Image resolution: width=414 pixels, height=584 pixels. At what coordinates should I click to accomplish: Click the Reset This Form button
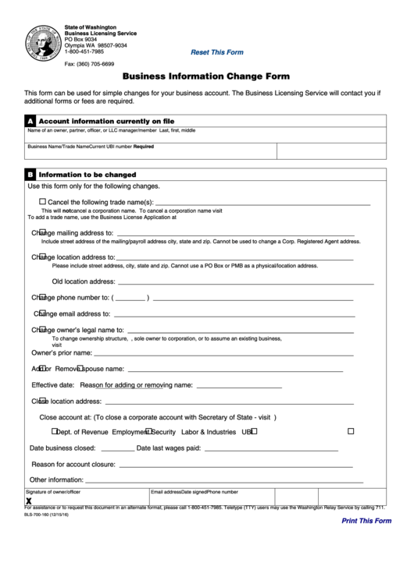click(x=217, y=52)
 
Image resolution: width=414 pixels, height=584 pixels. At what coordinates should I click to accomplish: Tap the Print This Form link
click(x=366, y=521)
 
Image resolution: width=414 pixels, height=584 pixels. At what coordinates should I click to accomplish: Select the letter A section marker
click(x=30, y=122)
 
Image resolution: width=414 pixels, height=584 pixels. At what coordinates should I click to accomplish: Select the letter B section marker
click(x=30, y=175)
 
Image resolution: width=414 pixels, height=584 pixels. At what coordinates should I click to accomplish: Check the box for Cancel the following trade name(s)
click(x=42, y=201)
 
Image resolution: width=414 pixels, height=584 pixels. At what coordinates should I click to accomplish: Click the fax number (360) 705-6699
click(x=89, y=64)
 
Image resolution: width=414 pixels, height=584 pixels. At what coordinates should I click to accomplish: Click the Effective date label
click(x=53, y=385)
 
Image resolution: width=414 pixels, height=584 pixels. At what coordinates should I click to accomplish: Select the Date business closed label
click(x=62, y=448)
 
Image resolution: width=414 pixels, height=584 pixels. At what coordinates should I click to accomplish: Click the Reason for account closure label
click(x=73, y=464)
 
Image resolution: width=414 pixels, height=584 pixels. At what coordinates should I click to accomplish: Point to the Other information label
click(x=56, y=480)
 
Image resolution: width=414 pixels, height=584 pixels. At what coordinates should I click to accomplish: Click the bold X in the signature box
click(x=29, y=501)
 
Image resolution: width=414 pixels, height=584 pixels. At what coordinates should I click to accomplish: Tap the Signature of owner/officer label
click(x=53, y=493)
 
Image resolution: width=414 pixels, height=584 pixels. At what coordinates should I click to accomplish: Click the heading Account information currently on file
click(x=106, y=122)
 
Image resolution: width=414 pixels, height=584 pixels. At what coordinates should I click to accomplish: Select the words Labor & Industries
click(x=208, y=431)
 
